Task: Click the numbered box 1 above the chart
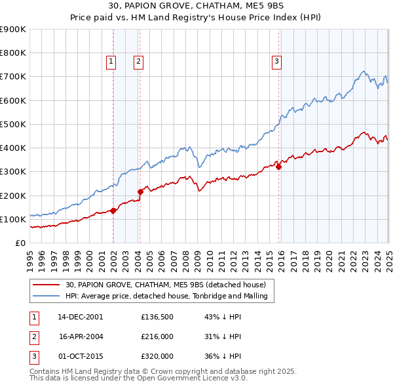[x=111, y=62]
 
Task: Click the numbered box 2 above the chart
[x=139, y=62]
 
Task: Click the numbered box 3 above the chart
[x=277, y=62]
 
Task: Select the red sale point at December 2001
[x=113, y=211]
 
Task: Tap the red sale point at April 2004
[x=140, y=192]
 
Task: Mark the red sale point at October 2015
[x=278, y=167]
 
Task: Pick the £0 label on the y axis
[x=20, y=243]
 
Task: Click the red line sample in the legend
[x=46, y=285]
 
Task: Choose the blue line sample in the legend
[x=46, y=296]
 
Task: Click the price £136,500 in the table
[x=157, y=317]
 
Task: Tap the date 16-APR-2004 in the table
[x=81, y=336]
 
